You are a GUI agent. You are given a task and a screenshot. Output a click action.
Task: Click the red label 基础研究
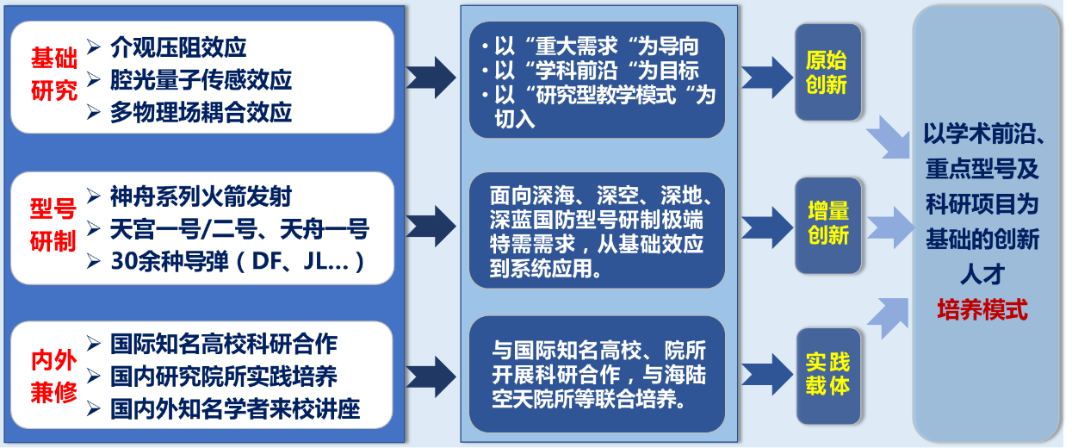54,76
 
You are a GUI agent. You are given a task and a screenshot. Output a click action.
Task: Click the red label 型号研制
54,226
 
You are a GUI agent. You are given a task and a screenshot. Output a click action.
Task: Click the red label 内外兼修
54,376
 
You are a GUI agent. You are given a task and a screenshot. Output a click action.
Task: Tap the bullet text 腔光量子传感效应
201,79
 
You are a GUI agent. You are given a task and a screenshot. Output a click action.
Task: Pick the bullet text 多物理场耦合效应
201,112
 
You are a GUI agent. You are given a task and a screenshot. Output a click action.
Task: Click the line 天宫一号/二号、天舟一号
239,228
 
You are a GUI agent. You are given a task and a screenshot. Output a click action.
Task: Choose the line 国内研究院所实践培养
223,376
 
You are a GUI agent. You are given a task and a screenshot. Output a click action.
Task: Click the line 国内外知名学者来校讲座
234,408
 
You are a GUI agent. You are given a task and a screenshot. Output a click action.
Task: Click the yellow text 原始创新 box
827,72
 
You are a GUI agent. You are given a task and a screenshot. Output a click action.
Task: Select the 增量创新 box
828,224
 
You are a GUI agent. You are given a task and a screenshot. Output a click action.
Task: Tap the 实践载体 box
827,374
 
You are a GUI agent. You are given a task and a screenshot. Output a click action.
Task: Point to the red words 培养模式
982,310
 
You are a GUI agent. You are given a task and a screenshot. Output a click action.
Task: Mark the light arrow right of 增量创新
888,226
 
